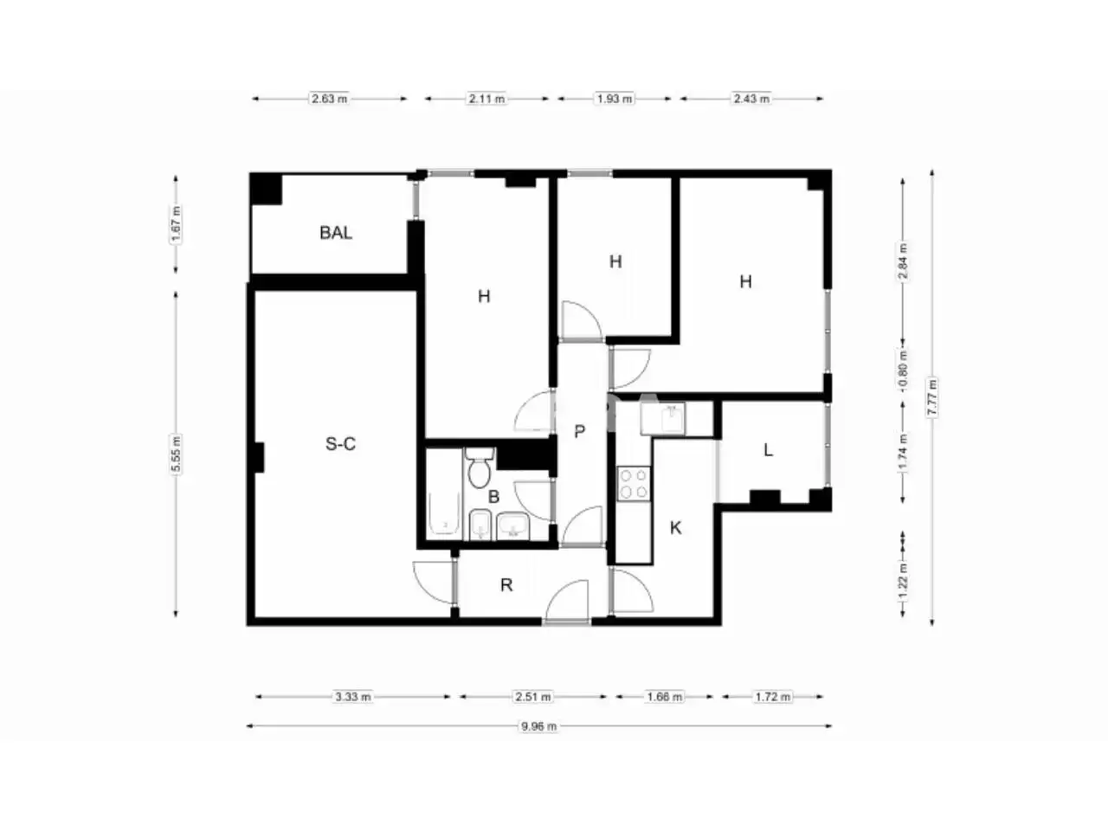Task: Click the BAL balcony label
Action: coord(336,233)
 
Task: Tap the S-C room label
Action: coord(340,444)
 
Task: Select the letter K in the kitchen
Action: coord(675,528)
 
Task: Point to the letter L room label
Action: coord(768,450)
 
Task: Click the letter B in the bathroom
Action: coord(493,497)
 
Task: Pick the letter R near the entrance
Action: coord(506,585)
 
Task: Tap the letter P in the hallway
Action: coord(579,431)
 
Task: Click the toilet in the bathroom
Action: coord(479,468)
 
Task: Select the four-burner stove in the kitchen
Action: coord(634,484)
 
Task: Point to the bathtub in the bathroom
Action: coord(445,513)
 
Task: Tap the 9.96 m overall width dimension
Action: coord(538,726)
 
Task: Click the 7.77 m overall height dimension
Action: coord(931,397)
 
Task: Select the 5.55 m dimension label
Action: coord(176,454)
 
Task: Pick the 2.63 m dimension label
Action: coord(329,99)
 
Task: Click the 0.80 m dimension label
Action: coord(903,369)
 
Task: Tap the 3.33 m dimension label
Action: coord(353,697)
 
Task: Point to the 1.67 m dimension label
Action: coord(176,224)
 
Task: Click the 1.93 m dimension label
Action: coord(615,99)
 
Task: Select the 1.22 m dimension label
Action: coord(903,581)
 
